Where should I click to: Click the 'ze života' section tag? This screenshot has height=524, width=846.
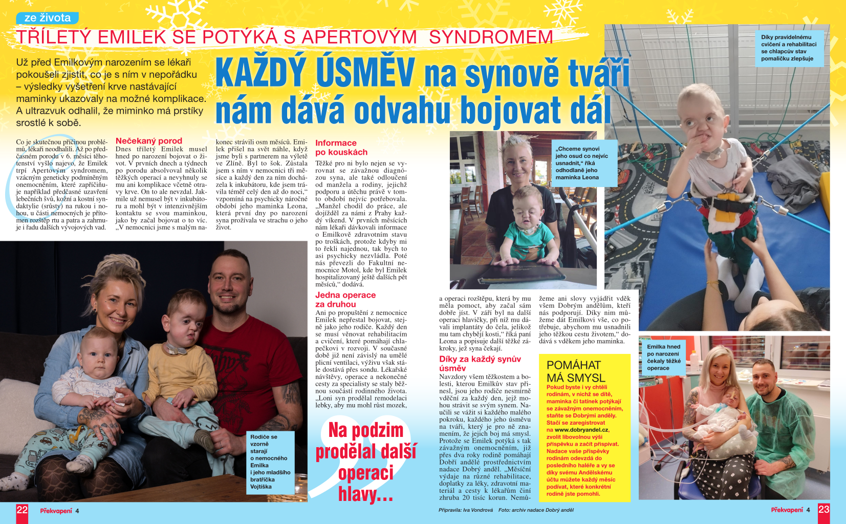tap(47, 18)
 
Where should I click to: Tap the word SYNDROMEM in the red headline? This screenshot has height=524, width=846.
tap(491, 37)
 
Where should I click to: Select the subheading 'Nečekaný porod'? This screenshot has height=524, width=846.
tap(148, 141)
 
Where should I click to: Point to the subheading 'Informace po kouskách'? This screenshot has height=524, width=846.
tap(341, 148)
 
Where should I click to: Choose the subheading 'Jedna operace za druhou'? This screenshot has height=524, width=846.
tap(345, 299)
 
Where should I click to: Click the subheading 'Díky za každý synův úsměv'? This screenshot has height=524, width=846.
tap(480, 363)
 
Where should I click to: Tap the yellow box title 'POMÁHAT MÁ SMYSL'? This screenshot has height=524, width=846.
tap(576, 371)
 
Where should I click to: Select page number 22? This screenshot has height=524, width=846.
tap(22, 510)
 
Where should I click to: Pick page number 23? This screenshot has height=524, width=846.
tap(823, 510)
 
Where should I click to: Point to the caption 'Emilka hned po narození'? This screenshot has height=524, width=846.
tap(663, 357)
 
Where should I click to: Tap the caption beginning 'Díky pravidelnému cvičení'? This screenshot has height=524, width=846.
tap(788, 48)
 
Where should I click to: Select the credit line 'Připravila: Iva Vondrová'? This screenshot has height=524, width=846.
tap(465, 510)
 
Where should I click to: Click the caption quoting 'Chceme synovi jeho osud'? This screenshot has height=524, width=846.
tap(581, 163)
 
